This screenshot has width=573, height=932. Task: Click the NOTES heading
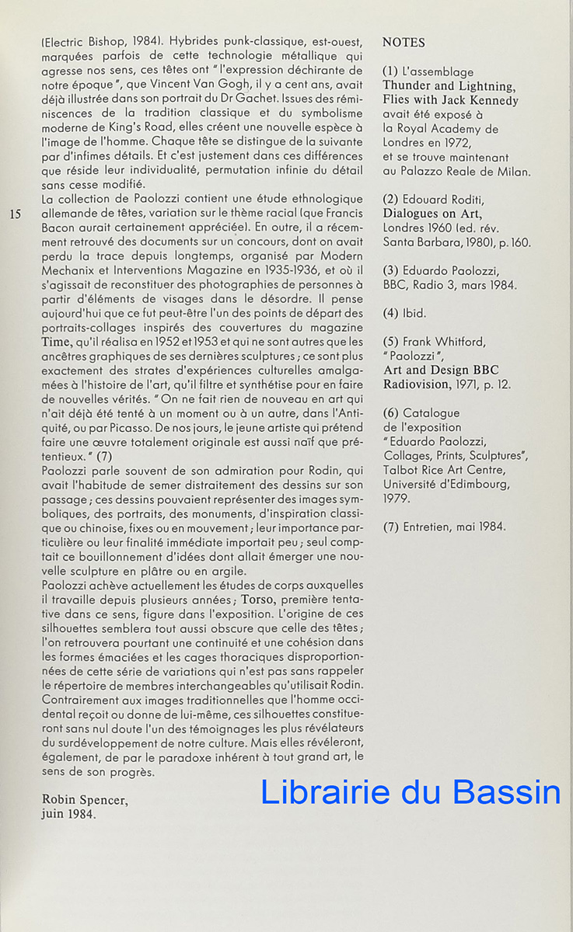[x=404, y=42]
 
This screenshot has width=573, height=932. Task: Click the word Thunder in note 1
[x=409, y=86]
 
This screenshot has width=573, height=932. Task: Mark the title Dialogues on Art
[x=432, y=214]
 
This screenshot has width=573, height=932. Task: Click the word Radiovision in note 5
[x=418, y=384]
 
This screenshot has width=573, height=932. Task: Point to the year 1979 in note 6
[x=397, y=499]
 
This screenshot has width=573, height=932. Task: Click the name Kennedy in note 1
[x=491, y=100]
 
